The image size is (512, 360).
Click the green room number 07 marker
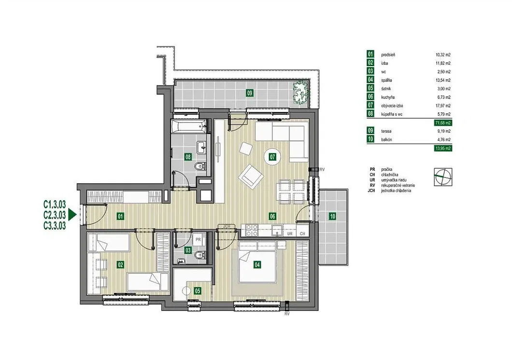click(272, 157)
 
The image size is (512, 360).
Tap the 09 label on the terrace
click(250, 93)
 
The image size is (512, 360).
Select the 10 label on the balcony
click(332, 216)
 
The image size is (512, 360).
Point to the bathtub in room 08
click(189, 126)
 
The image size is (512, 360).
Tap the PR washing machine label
click(198, 240)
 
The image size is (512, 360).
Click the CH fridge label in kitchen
click(302, 234)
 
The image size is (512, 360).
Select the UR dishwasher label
click(290, 234)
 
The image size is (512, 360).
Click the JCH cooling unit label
click(227, 226)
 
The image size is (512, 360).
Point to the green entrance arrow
click(72, 215)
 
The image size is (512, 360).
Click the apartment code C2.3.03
click(55, 215)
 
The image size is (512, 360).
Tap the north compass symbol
click(443, 177)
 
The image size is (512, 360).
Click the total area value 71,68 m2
click(443, 123)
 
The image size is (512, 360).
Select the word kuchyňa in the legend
click(388, 97)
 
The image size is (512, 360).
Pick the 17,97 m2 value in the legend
click(443, 106)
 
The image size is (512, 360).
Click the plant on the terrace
click(301, 93)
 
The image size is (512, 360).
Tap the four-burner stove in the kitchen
click(252, 230)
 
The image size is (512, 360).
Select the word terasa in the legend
click(386, 131)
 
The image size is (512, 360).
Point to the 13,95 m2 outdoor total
click(443, 148)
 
